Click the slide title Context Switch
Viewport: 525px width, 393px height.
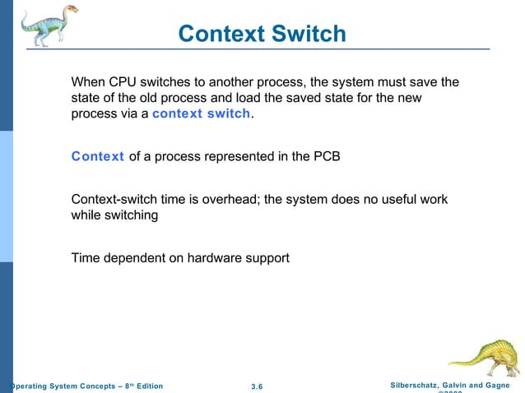[x=262, y=34]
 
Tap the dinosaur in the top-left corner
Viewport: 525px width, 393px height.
[x=49, y=25]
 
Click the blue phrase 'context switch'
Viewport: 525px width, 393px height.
[x=201, y=113]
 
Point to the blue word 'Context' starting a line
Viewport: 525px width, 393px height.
[x=97, y=156]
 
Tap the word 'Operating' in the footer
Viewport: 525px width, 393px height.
[x=25, y=386]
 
